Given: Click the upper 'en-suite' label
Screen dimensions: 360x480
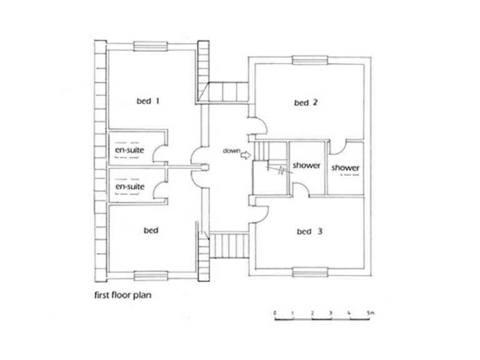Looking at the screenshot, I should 129,150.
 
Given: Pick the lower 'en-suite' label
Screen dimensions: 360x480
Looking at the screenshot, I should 129,186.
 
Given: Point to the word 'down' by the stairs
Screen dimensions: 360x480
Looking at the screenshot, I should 230,151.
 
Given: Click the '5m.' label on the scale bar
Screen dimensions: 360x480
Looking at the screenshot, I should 370,311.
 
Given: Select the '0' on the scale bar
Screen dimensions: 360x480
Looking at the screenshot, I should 275,311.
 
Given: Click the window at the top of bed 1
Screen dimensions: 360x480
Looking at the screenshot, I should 149,45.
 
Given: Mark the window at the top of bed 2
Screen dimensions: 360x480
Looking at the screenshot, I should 309,60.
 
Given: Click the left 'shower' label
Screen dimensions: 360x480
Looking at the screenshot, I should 306,166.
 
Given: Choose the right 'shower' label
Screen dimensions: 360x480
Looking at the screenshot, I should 345,167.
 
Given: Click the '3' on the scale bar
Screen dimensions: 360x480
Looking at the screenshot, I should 331,311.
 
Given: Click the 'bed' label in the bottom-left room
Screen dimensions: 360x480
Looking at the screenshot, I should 151,231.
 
